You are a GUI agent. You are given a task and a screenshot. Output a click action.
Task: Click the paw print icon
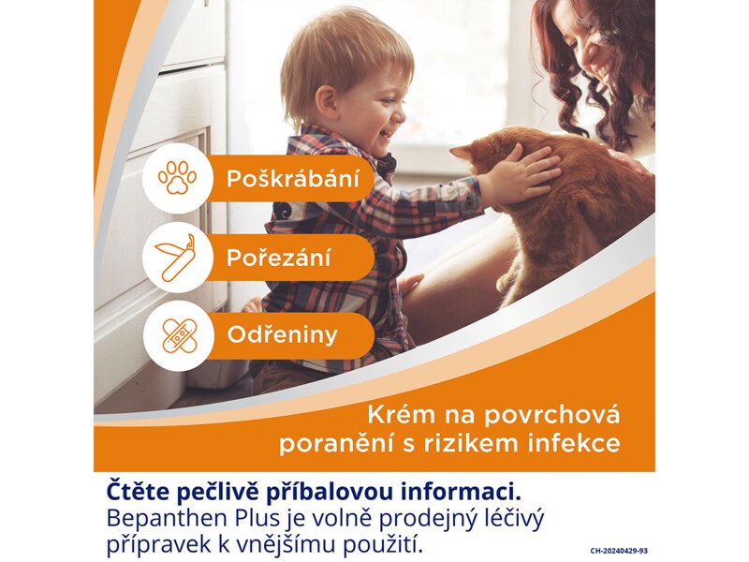(x=176, y=178)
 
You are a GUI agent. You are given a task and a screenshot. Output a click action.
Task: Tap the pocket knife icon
(x=176, y=257)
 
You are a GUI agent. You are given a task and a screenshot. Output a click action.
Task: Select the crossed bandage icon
(x=176, y=334)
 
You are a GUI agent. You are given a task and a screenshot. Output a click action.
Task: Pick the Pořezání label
(x=279, y=258)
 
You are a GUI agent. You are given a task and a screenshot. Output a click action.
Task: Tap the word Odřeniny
(x=282, y=335)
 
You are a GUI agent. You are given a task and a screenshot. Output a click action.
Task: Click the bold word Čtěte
(x=140, y=491)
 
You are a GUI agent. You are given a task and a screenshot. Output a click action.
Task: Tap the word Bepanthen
(x=162, y=517)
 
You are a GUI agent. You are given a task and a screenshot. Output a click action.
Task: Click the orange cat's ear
(x=465, y=153)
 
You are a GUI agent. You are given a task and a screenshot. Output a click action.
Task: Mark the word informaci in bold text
(x=433, y=491)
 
